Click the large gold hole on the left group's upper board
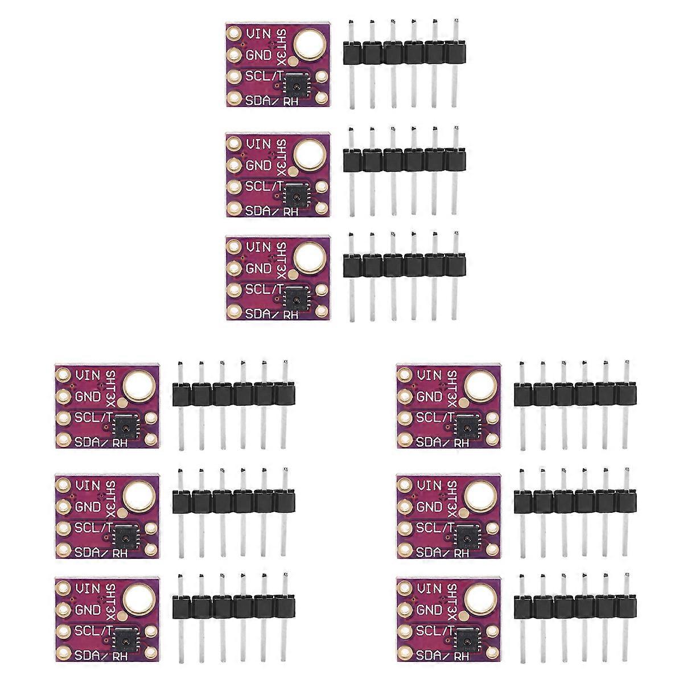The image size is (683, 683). (137, 385)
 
